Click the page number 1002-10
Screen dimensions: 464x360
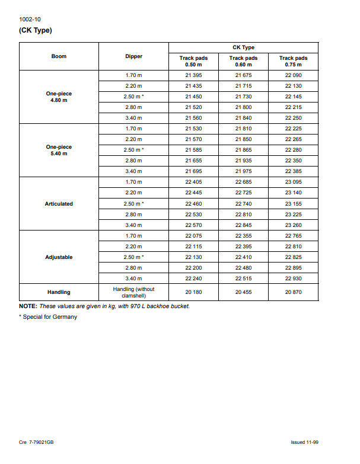(x=30, y=20)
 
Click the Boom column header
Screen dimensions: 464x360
(x=59, y=56)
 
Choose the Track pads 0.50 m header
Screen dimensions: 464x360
(x=193, y=61)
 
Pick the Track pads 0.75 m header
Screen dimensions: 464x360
(x=293, y=61)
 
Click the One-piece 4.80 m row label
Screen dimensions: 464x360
(x=59, y=97)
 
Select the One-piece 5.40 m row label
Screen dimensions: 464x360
(x=59, y=150)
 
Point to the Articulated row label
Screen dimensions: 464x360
(x=59, y=204)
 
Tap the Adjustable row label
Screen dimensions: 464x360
(x=59, y=257)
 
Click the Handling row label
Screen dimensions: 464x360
(x=59, y=292)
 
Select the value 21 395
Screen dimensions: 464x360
(x=193, y=75)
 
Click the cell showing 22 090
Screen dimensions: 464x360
(x=293, y=75)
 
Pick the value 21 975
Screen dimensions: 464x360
(x=243, y=171)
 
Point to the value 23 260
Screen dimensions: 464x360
(x=293, y=225)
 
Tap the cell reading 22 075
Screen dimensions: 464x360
(x=193, y=236)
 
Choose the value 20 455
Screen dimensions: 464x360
(x=243, y=292)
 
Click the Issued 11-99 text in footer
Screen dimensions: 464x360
(x=305, y=442)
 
